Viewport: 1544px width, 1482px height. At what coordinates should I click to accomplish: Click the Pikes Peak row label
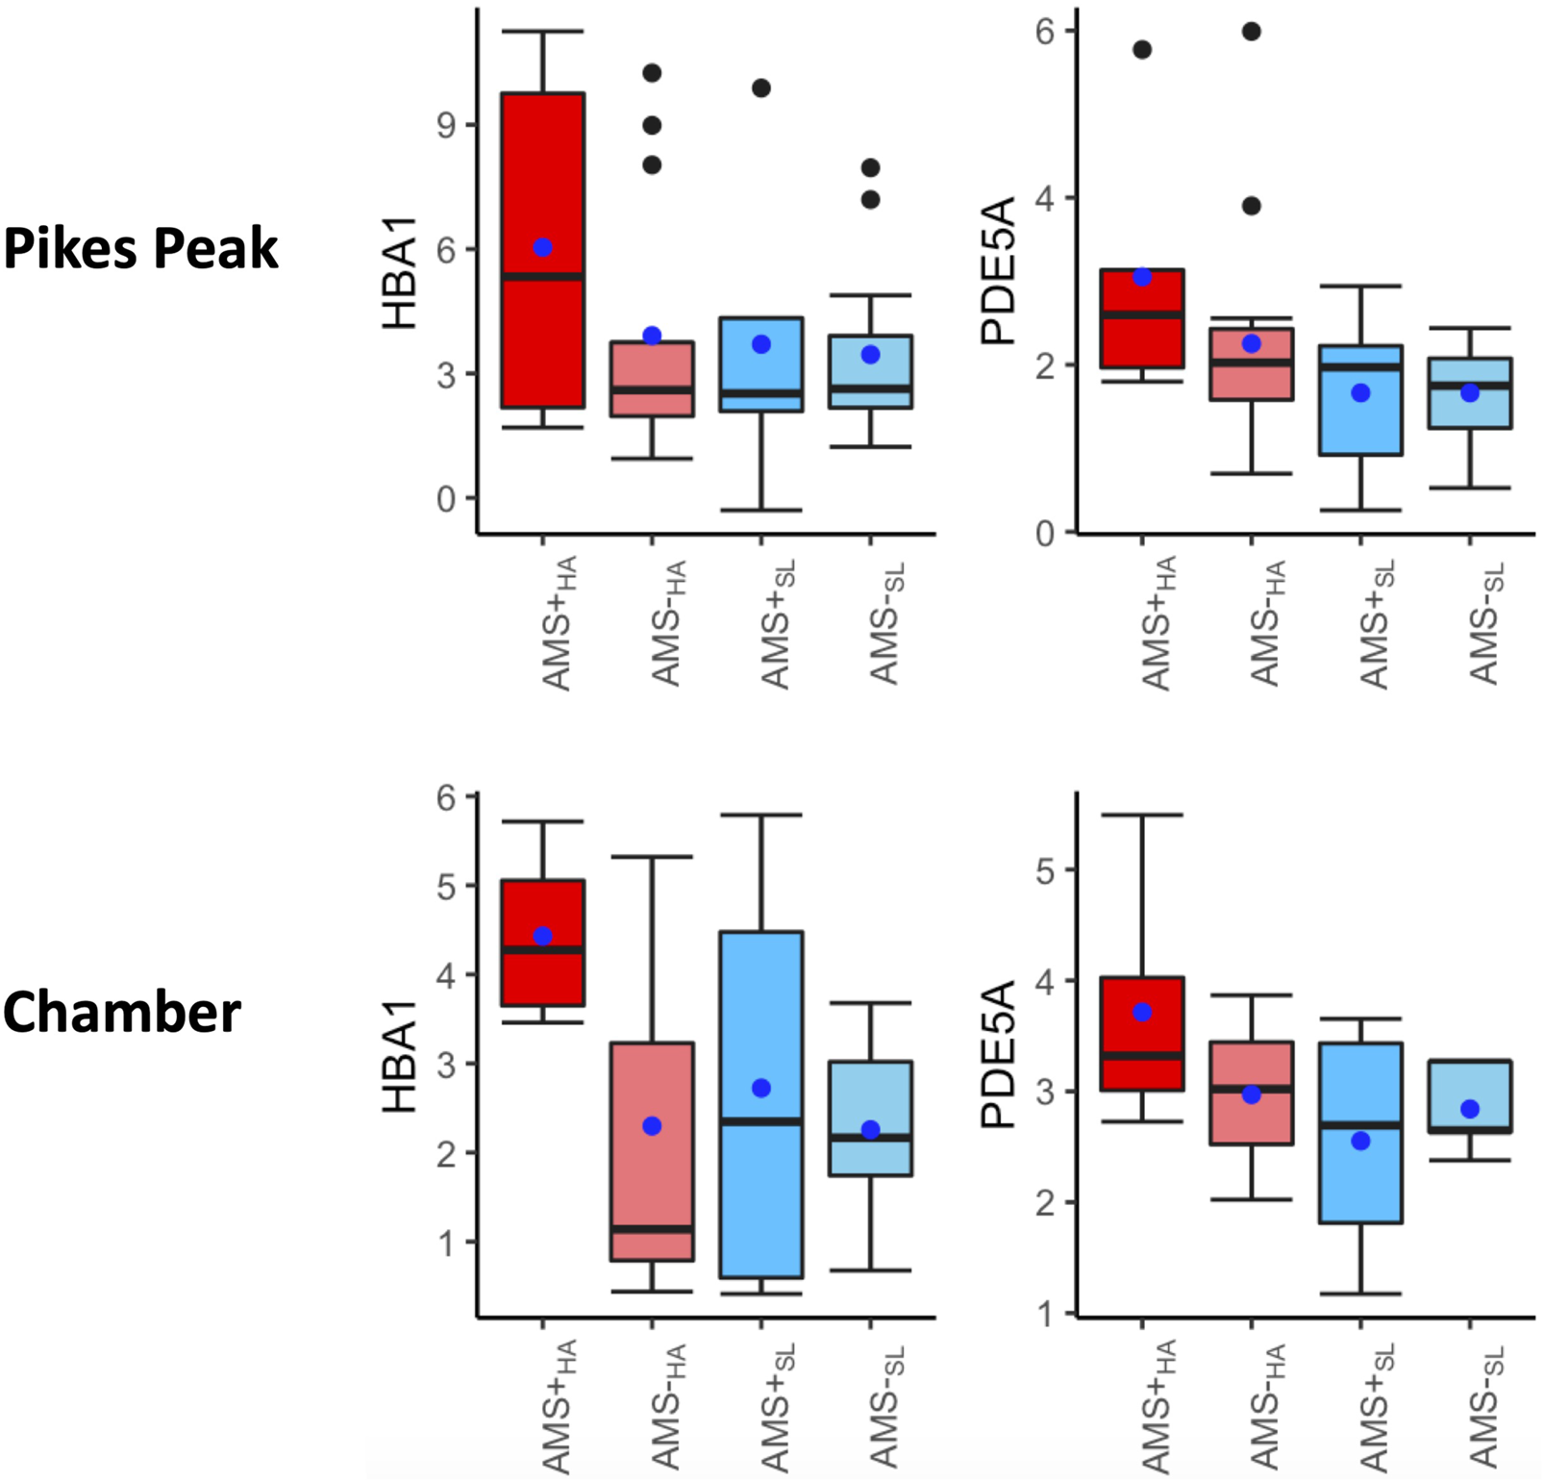[140, 248]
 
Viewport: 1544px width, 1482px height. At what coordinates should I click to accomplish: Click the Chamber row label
[121, 1013]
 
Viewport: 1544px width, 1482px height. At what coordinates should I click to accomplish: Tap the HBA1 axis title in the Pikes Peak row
[399, 273]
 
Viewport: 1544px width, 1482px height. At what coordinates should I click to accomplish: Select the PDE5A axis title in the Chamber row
[998, 1054]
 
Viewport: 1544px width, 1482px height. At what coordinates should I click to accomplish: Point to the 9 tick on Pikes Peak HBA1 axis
[446, 125]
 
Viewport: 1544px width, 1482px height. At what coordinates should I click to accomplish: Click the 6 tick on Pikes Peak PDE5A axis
[1045, 32]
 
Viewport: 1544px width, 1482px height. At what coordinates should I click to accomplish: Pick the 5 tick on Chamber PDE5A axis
[1045, 871]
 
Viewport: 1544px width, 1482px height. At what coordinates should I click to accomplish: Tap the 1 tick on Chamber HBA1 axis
[446, 1243]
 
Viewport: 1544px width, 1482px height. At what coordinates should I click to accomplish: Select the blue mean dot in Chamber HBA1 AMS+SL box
[761, 1088]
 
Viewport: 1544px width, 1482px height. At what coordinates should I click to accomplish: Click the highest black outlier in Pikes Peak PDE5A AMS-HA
[1251, 32]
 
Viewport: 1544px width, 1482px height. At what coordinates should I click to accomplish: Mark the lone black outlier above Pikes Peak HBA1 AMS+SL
[761, 88]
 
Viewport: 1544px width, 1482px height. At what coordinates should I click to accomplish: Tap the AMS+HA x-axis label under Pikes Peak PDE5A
[1158, 622]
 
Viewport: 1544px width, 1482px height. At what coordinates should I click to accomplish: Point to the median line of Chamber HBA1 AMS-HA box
[652, 1229]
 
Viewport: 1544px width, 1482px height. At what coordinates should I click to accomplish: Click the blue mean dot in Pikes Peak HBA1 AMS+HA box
[543, 247]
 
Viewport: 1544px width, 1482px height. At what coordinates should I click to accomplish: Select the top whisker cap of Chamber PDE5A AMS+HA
[1142, 816]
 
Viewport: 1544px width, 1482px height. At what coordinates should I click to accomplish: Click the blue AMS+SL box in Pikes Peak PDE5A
[1360, 423]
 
